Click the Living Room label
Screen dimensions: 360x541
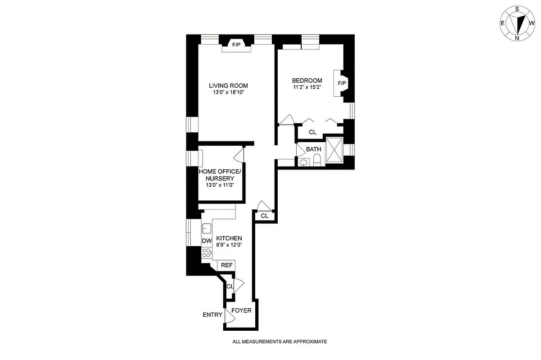[228, 85]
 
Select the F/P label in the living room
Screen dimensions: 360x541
[236, 45]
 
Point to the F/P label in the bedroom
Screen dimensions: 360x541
[342, 83]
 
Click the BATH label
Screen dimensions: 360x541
[313, 149]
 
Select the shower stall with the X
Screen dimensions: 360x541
[334, 149]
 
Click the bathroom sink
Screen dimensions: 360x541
[303, 162]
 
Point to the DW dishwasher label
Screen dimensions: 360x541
[207, 241]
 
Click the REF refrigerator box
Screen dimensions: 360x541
[226, 265]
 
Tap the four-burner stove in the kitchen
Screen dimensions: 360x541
[207, 252]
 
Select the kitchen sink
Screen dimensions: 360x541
[207, 228]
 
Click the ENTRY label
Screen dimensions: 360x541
[212, 315]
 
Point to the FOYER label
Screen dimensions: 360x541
[241, 310]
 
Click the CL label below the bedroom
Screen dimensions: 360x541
[313, 132]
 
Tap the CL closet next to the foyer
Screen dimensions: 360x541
[230, 286]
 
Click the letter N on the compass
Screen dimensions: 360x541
[517, 38]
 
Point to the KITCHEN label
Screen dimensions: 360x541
[229, 238]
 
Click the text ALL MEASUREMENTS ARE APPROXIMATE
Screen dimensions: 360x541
[280, 342]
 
